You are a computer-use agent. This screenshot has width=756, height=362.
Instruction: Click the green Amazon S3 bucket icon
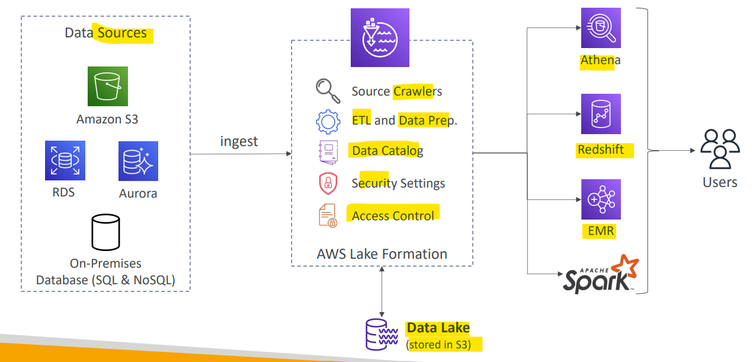tap(108, 86)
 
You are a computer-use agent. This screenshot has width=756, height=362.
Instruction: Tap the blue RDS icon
tap(65, 161)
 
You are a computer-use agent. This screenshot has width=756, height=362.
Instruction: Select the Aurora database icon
tap(139, 161)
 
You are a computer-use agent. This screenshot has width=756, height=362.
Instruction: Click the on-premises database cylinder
tap(105, 232)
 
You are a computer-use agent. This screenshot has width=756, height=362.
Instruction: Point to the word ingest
tap(239, 141)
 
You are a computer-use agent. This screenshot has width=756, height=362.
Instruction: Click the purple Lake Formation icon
tap(380, 37)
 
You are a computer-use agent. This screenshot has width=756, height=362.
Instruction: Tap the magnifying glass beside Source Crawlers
tap(328, 91)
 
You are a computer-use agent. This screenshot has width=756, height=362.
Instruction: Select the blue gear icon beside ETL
tap(328, 122)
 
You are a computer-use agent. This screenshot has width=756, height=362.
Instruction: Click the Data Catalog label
tap(387, 150)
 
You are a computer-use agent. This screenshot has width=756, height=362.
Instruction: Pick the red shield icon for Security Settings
tap(328, 183)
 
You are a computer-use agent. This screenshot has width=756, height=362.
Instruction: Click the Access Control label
tap(393, 215)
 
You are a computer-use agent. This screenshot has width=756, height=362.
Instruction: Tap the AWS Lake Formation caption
tap(382, 254)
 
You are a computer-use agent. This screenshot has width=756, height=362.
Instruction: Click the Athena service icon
tap(601, 28)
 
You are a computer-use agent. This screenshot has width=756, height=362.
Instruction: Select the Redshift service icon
tap(601, 114)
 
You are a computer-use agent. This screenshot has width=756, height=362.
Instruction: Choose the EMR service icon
tap(601, 199)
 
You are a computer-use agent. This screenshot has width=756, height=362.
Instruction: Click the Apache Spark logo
tap(601, 274)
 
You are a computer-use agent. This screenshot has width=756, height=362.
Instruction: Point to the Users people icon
tap(720, 149)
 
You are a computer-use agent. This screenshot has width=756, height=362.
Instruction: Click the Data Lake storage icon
tap(382, 334)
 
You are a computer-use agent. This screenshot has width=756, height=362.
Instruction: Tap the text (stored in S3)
tap(438, 344)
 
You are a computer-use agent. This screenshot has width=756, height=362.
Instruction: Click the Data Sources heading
tap(105, 33)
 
